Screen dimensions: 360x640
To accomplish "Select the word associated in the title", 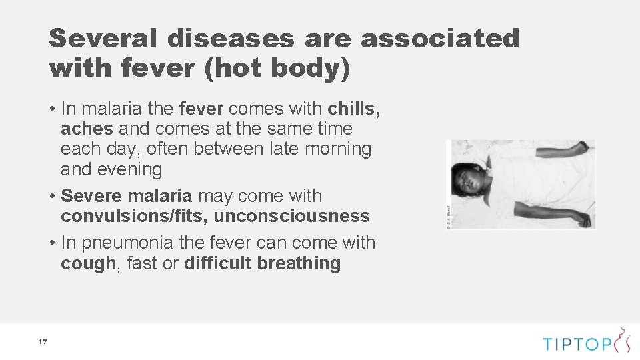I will pos(440,39).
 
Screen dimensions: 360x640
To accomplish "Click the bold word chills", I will pos(354,109).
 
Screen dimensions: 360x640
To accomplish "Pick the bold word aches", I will pos(87,129).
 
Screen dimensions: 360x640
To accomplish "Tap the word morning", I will pos(339,149).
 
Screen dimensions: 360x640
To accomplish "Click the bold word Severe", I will pos(91,196).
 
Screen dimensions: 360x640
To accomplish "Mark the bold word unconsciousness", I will pos(291,216).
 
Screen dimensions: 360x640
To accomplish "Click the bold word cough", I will pos(88,263).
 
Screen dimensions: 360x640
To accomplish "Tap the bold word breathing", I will pos(299,263).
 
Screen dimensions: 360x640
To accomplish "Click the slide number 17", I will pos(42,342).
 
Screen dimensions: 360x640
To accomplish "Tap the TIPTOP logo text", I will pos(577,344).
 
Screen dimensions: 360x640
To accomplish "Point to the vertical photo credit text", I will pos(449,217).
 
